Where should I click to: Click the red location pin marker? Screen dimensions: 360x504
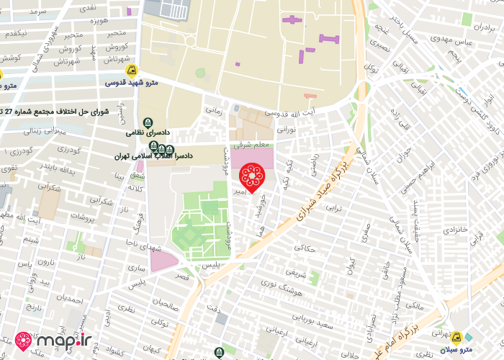point(252,176)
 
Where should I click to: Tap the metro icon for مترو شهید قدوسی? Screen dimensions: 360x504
point(131,71)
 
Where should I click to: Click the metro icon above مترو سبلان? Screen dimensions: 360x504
point(455,336)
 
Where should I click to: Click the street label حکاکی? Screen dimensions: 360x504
point(305,248)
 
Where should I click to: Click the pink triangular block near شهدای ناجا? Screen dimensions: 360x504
point(163,261)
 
